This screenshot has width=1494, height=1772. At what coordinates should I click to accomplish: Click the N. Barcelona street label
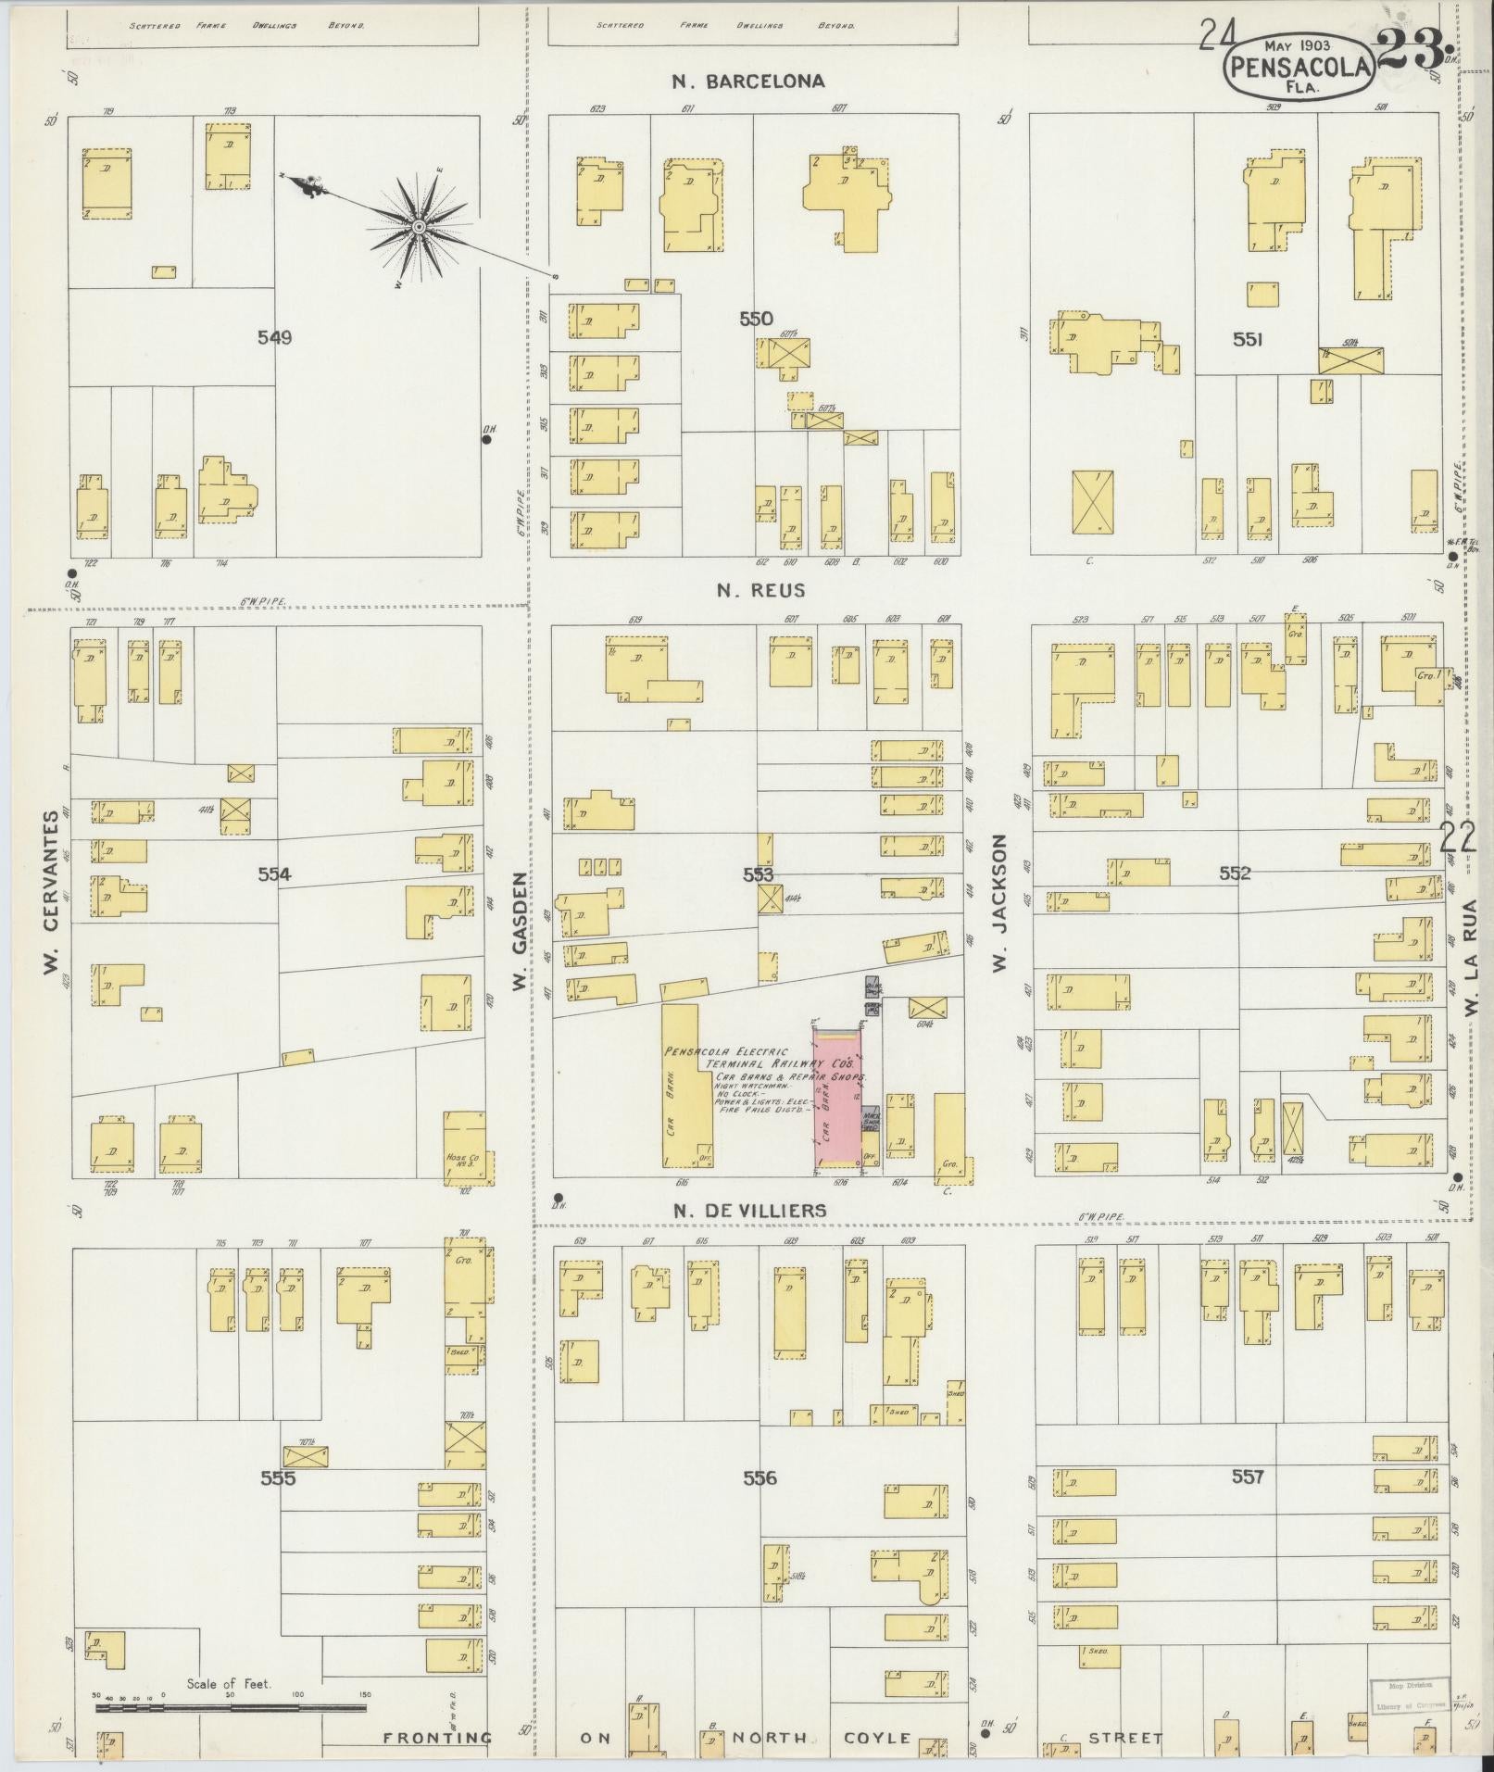748,82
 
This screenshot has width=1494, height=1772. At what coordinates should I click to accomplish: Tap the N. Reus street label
760,589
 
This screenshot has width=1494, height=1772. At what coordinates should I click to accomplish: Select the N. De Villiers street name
749,1211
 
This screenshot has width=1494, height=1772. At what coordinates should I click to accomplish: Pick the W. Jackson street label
999,903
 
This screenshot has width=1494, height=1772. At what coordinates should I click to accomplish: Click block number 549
274,338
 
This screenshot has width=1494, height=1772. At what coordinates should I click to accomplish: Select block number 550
755,319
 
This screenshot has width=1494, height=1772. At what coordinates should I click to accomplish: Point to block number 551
1248,340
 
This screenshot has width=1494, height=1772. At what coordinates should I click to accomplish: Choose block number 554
274,873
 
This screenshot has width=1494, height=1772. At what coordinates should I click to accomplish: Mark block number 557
1248,1477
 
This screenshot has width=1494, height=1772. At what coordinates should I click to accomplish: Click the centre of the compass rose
418,226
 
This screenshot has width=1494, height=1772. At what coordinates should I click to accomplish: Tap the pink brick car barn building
837,1100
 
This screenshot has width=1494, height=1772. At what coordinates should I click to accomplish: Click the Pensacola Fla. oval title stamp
1299,68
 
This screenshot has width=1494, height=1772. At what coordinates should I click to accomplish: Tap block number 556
760,1478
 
